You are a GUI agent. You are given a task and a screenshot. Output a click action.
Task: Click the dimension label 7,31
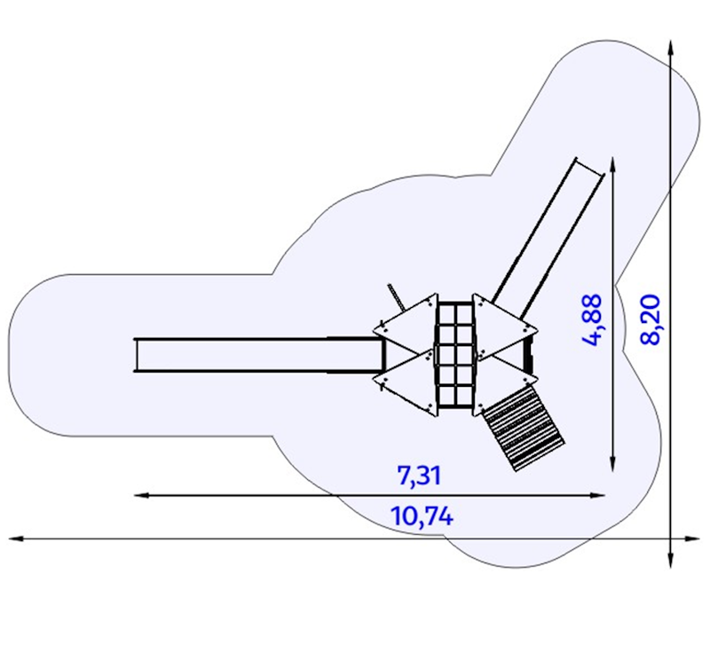419,476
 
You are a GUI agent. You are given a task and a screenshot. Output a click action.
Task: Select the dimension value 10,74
422,516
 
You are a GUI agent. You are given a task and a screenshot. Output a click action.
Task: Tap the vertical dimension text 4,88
593,320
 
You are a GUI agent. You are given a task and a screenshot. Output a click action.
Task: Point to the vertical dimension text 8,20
651,320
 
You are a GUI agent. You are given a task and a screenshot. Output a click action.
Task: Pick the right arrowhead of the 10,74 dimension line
693,539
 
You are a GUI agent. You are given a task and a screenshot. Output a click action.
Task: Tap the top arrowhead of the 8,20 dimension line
671,48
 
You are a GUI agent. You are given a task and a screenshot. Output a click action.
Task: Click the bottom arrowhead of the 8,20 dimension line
671,561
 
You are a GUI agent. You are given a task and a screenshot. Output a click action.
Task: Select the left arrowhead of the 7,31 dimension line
141,496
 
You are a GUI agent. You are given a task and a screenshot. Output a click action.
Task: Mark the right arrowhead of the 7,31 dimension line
597,496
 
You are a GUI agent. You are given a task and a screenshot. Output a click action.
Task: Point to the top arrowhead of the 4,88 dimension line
612,165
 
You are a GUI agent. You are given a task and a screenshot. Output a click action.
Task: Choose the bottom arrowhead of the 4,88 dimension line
612,464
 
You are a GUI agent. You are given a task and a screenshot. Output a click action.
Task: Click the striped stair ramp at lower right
524,428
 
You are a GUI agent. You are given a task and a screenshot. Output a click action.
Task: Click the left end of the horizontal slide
136,356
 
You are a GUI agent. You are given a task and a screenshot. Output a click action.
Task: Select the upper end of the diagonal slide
589,167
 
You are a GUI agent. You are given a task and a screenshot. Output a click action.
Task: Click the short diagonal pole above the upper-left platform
396,297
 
